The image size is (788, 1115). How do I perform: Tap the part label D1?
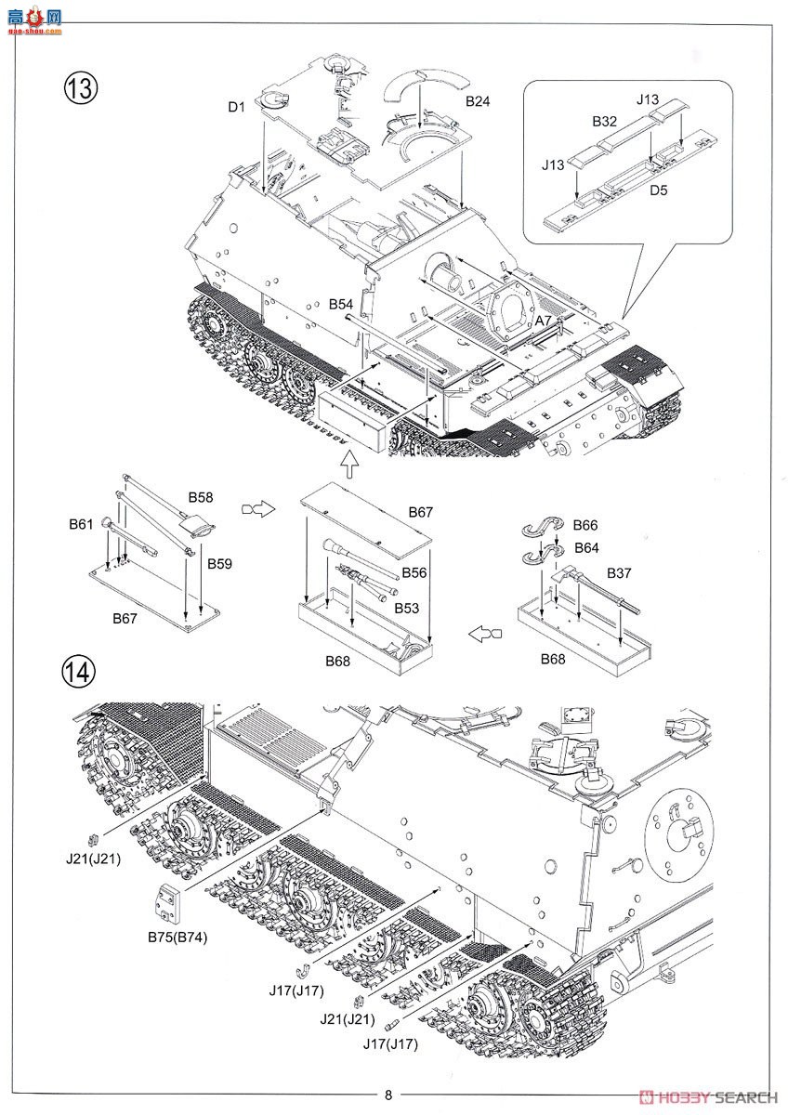[235, 108]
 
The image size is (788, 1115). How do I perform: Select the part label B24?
[478, 100]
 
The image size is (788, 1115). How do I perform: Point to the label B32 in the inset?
[604, 121]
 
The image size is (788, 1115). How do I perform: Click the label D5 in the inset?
[659, 191]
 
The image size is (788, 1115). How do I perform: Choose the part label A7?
[544, 320]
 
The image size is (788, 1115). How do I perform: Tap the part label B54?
[341, 304]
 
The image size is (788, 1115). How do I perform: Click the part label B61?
[81, 524]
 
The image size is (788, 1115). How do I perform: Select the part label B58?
[202, 497]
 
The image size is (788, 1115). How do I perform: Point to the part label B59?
[219, 563]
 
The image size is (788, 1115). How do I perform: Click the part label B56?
[414, 572]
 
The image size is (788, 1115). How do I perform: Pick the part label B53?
[405, 608]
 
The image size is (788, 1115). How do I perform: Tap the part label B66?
[585, 525]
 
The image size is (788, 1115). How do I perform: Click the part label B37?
[618, 572]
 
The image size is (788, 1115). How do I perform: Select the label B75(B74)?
[177, 937]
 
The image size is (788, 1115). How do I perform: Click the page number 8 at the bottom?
[389, 1095]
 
